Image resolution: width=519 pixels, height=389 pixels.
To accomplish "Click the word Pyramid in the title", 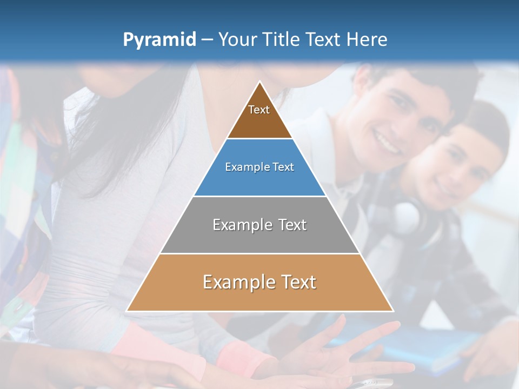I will [159, 40].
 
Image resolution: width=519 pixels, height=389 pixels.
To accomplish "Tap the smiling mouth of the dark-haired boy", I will [386, 142].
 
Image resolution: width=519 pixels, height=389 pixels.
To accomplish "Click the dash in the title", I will [207, 40].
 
